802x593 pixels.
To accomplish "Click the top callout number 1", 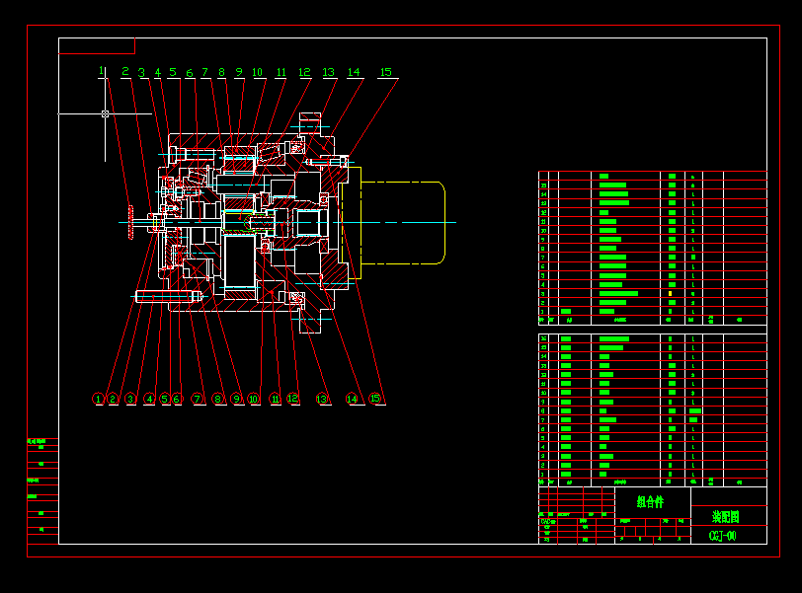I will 101,71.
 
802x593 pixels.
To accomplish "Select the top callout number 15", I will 385,72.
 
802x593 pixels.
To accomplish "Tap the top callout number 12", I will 304,72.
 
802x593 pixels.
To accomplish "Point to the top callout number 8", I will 221,72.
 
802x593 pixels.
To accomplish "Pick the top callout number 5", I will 172,72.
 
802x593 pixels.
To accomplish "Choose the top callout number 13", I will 329,72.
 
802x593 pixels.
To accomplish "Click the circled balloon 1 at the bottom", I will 98,399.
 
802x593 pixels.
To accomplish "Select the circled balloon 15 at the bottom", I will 375,399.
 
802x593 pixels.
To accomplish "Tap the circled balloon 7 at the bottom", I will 198,399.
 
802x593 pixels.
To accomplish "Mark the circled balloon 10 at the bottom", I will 254,399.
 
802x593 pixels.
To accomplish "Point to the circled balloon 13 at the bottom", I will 322,399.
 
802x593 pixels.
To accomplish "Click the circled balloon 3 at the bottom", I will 130,399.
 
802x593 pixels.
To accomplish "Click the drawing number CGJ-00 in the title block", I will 722,536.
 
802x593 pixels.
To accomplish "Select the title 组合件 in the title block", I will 650,502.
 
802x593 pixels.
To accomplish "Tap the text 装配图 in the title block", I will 727,516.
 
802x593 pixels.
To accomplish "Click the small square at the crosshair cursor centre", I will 105,113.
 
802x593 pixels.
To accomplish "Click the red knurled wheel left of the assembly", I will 129,221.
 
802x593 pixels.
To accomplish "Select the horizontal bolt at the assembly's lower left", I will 168,295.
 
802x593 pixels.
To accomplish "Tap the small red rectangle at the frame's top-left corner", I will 97,45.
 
